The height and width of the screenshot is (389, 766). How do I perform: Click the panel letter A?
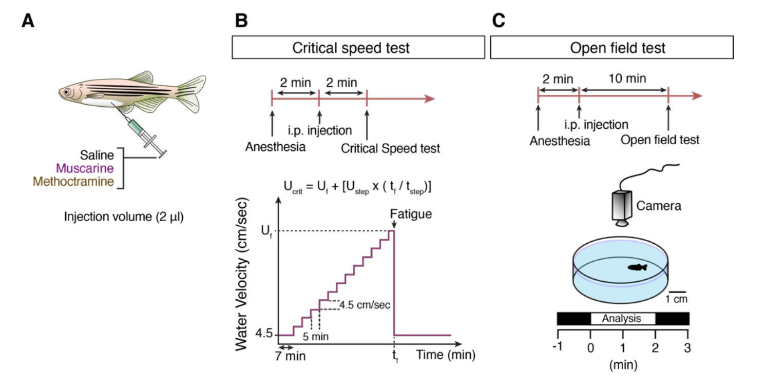coord(28,21)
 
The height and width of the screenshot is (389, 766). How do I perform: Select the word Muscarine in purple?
coord(85,168)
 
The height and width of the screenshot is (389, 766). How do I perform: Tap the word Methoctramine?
coord(73,181)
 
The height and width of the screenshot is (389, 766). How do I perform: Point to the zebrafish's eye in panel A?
coord(67,92)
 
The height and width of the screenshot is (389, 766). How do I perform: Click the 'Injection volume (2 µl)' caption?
coord(124,217)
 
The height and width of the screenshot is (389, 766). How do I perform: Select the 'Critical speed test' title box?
coord(358,48)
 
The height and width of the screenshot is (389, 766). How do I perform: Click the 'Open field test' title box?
coord(612,48)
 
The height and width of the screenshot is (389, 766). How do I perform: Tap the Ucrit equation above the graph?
coord(357,187)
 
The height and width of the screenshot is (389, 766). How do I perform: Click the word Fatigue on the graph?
coord(411,214)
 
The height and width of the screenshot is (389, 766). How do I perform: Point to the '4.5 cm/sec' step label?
coord(365,304)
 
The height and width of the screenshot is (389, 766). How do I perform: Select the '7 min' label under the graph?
coord(290,356)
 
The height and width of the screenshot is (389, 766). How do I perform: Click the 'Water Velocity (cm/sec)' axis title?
coord(241,274)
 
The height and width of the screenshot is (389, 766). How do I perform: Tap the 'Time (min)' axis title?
coord(446,355)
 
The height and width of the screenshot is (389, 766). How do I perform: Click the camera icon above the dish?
coord(622,208)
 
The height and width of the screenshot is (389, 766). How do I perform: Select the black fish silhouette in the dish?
coord(638,267)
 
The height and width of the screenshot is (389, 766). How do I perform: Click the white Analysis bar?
coord(623,319)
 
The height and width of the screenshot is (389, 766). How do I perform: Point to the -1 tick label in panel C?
coord(558,346)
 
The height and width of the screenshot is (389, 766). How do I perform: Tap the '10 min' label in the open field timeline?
coord(627,79)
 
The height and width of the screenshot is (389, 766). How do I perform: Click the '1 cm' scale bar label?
coord(676,299)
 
